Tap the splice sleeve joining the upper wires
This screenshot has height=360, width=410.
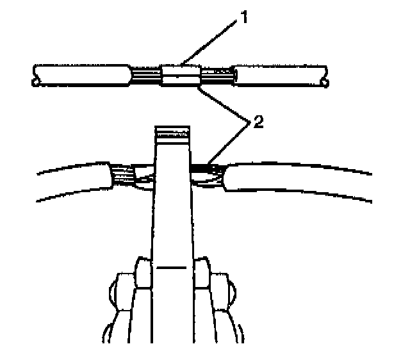point(181,76)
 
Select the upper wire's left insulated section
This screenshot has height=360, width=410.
point(83,76)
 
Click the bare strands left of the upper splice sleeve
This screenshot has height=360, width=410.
point(147,76)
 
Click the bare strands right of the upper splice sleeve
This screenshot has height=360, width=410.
point(216,76)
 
